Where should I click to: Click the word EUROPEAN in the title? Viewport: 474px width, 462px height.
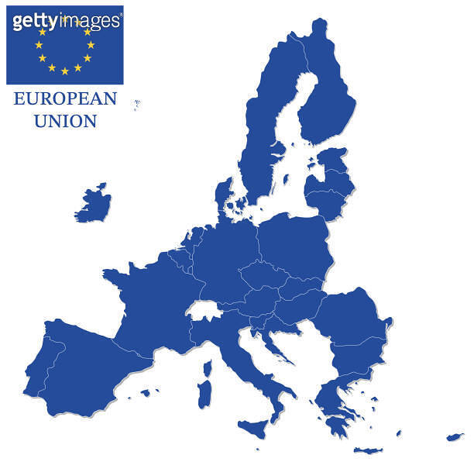coord(64,99)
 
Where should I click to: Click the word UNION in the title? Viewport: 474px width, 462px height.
coord(64,121)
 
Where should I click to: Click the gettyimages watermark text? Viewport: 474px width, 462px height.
coord(66,20)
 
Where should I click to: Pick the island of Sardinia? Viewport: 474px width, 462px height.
coord(206,391)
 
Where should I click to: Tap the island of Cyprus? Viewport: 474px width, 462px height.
coord(454,437)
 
